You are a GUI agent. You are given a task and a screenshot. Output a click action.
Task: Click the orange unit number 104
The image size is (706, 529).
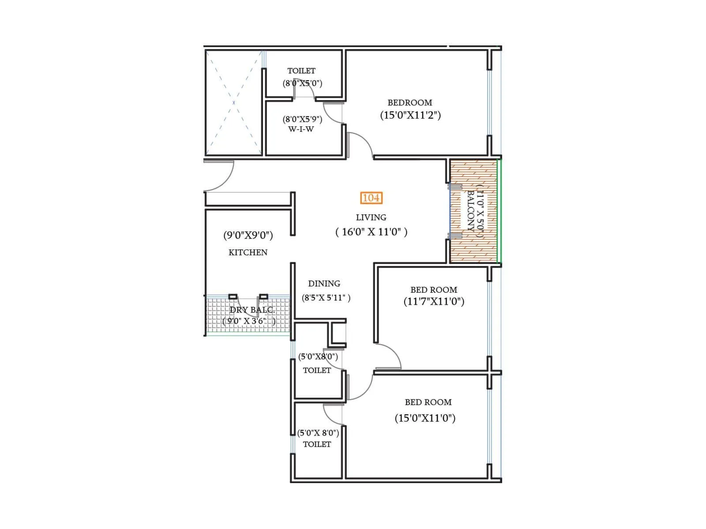pos(371,198)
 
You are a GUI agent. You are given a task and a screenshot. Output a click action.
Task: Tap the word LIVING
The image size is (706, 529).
pos(371,217)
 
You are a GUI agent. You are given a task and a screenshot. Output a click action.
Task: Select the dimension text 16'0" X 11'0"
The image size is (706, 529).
pos(371,232)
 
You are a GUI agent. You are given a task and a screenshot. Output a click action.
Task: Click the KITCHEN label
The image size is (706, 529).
pos(248,253)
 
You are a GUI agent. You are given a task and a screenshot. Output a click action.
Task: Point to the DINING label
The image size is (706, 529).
pos(324,283)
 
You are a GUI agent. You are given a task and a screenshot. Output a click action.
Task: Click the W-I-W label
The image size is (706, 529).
pos(301,129)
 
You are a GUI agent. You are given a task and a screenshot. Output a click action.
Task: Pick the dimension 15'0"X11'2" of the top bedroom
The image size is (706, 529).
pos(410,115)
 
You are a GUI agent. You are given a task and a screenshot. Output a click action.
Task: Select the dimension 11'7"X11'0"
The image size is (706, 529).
pos(434,302)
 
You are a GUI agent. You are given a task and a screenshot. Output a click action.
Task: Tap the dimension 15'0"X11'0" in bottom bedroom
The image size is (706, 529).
pos(425,418)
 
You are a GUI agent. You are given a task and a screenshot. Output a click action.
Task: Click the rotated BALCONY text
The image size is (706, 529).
pos(471,211)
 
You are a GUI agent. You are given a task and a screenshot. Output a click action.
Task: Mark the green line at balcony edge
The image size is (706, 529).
pos(498,211)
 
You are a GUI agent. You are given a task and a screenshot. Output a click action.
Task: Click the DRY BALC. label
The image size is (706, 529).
pos(252,310)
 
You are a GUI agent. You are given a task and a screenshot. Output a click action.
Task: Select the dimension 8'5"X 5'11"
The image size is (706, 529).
pos(326,298)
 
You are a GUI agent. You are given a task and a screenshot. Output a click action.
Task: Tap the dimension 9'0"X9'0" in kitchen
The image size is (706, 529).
pos(248,235)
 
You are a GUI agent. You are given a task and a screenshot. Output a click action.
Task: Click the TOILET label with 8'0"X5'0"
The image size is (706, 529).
pos(301,71)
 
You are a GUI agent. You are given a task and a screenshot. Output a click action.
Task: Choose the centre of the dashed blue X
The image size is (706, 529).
pos(233,103)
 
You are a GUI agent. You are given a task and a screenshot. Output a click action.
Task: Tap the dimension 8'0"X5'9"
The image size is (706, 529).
pos(302,119)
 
